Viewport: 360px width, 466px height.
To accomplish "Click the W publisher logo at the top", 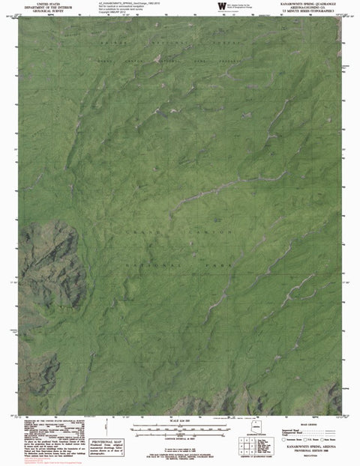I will point(221,7).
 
